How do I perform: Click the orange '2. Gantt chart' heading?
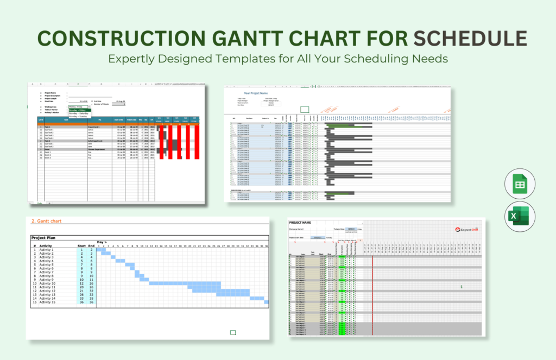(x=47, y=221)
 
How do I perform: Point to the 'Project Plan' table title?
(x=46, y=238)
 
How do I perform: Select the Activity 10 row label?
(x=47, y=283)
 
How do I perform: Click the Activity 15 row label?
(x=47, y=302)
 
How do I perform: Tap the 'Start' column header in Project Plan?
(x=82, y=245)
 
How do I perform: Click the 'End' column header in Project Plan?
(x=92, y=245)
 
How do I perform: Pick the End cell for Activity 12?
(x=92, y=291)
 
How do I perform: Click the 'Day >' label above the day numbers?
(x=102, y=242)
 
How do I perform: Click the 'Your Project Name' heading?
(x=257, y=93)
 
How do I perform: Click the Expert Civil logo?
(x=467, y=229)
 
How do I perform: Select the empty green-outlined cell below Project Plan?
(x=233, y=332)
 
